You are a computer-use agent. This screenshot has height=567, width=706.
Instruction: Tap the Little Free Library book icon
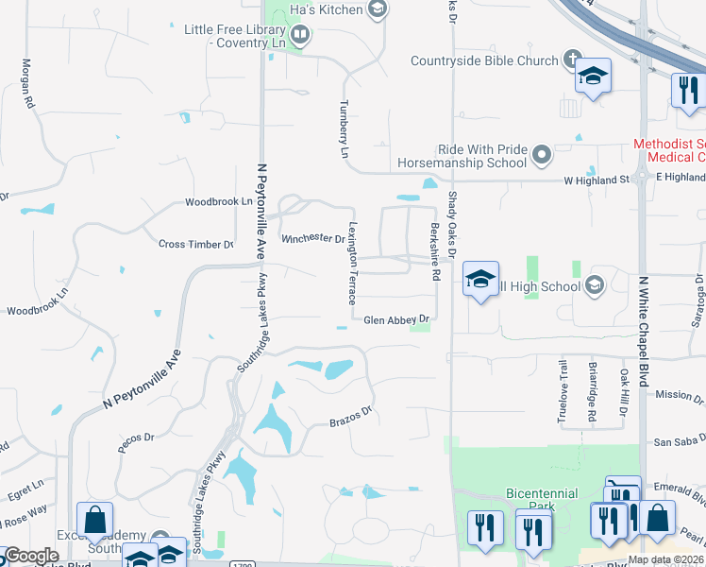pyautogui.click(x=300, y=36)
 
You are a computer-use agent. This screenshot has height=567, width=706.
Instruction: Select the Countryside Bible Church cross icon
pyautogui.click(x=571, y=61)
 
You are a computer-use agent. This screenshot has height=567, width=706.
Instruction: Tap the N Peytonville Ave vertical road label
pyautogui.click(x=261, y=209)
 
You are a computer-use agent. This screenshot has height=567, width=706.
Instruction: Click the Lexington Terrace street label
pyautogui.click(x=352, y=263)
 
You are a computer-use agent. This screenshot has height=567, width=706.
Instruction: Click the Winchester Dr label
pyautogui.click(x=313, y=238)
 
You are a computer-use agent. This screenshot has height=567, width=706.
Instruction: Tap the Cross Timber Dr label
pyautogui.click(x=196, y=244)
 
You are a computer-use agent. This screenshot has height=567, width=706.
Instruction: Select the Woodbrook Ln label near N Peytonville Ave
pyautogui.click(x=220, y=202)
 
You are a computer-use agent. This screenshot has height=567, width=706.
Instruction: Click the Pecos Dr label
pyautogui.click(x=136, y=438)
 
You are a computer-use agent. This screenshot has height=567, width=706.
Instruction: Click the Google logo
pyautogui.click(x=32, y=556)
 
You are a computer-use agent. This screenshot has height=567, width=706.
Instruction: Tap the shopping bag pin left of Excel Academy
pyautogui.click(x=95, y=519)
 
